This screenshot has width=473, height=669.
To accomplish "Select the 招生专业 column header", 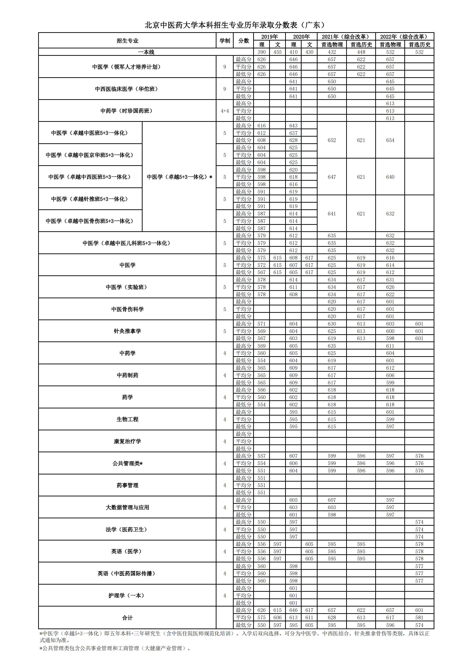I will click(x=127, y=41).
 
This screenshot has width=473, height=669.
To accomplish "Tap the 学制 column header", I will click(x=224, y=41).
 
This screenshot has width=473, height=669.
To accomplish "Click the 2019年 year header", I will click(x=269, y=37).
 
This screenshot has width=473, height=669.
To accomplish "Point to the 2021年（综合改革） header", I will click(x=346, y=37).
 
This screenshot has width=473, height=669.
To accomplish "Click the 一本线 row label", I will click(x=146, y=52).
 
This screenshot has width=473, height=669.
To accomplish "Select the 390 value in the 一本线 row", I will click(x=262, y=52).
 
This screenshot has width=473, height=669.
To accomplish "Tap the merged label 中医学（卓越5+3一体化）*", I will click(x=179, y=177).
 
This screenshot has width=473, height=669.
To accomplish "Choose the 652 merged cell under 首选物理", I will click(x=332, y=140).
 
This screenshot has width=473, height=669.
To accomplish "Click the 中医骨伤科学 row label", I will click(x=127, y=309).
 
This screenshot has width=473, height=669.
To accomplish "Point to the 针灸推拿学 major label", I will click(x=127, y=331).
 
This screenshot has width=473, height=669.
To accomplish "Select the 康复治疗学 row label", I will click(x=127, y=441).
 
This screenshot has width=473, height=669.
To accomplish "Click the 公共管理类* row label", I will click(x=127, y=463).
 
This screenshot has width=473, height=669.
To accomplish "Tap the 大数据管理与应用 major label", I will click(x=127, y=507).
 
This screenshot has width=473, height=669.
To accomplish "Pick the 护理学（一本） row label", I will click(x=127, y=596).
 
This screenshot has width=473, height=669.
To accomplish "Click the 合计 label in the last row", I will click(x=127, y=618).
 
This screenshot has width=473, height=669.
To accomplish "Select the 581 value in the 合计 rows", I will click(x=419, y=618).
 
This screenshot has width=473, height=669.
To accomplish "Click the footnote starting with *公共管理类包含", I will click(x=115, y=648).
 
